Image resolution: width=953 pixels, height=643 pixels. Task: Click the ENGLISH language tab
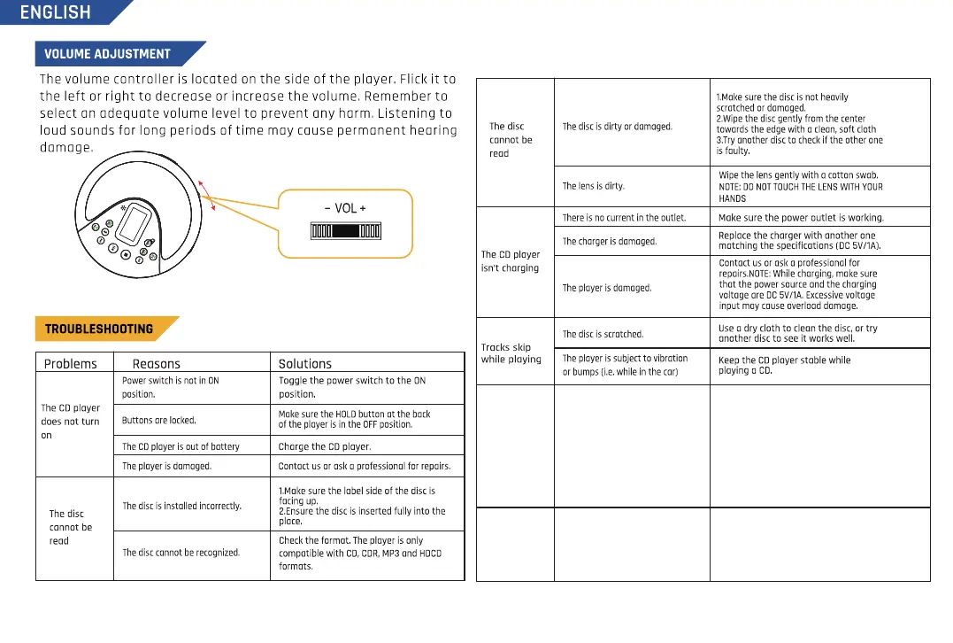[55, 12]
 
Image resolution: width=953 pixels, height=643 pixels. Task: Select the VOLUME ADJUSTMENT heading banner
[108, 53]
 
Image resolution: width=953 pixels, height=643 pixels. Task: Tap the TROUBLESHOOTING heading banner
[99, 329]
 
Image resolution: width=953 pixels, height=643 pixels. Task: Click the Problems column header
[71, 363]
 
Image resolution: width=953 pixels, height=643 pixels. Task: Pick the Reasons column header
[156, 363]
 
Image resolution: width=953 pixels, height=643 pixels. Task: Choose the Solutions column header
[305, 363]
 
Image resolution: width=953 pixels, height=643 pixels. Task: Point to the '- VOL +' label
[345, 208]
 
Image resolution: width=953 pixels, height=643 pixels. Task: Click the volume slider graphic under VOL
[345, 232]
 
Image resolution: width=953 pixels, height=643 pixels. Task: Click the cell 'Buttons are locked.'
[159, 421]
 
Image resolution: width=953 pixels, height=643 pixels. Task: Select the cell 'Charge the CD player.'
[325, 446]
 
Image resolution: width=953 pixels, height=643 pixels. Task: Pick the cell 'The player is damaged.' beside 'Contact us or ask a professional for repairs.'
[166, 466]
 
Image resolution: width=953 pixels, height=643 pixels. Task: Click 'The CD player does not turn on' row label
[71, 422]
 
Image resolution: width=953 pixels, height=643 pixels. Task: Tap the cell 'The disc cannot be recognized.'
[181, 553]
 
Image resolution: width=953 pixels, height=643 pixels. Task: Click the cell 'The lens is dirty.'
[594, 186]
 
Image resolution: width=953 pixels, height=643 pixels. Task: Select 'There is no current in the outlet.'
[624, 217]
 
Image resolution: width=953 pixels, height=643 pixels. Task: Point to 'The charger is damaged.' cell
[610, 241]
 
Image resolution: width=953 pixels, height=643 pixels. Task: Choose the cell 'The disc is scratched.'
[603, 334]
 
